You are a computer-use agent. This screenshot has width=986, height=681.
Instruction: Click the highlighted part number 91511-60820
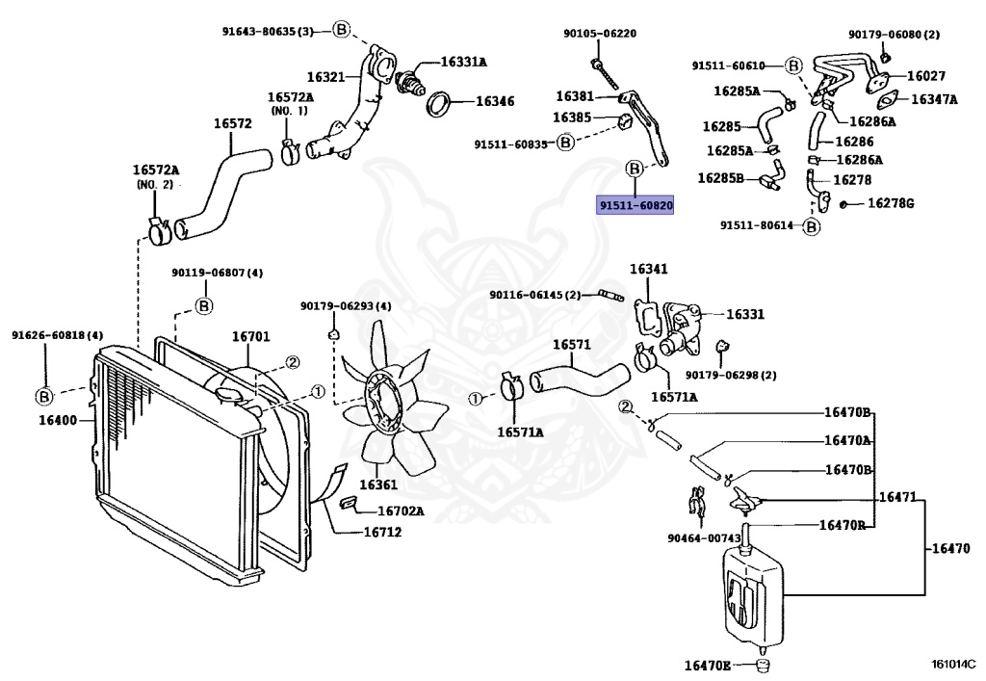(x=635, y=205)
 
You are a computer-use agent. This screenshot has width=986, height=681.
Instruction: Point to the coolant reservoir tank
(x=750, y=597)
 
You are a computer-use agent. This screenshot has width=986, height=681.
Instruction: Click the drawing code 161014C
(x=952, y=664)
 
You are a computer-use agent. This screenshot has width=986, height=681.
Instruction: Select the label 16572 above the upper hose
(x=232, y=123)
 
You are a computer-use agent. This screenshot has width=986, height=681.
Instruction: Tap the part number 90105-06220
(x=600, y=33)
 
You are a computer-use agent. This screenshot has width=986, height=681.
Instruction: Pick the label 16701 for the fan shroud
(x=250, y=337)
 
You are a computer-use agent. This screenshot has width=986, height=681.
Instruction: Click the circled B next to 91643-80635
(x=341, y=31)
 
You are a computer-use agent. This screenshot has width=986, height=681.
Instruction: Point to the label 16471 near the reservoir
(x=898, y=501)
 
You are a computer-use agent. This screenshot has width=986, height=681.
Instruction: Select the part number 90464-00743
(x=700, y=538)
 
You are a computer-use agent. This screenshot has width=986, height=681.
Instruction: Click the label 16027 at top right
(x=925, y=75)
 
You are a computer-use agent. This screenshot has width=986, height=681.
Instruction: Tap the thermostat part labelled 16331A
(x=416, y=78)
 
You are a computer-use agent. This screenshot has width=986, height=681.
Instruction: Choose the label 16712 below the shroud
(x=382, y=532)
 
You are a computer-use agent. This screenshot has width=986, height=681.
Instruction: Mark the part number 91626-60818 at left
(x=57, y=335)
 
